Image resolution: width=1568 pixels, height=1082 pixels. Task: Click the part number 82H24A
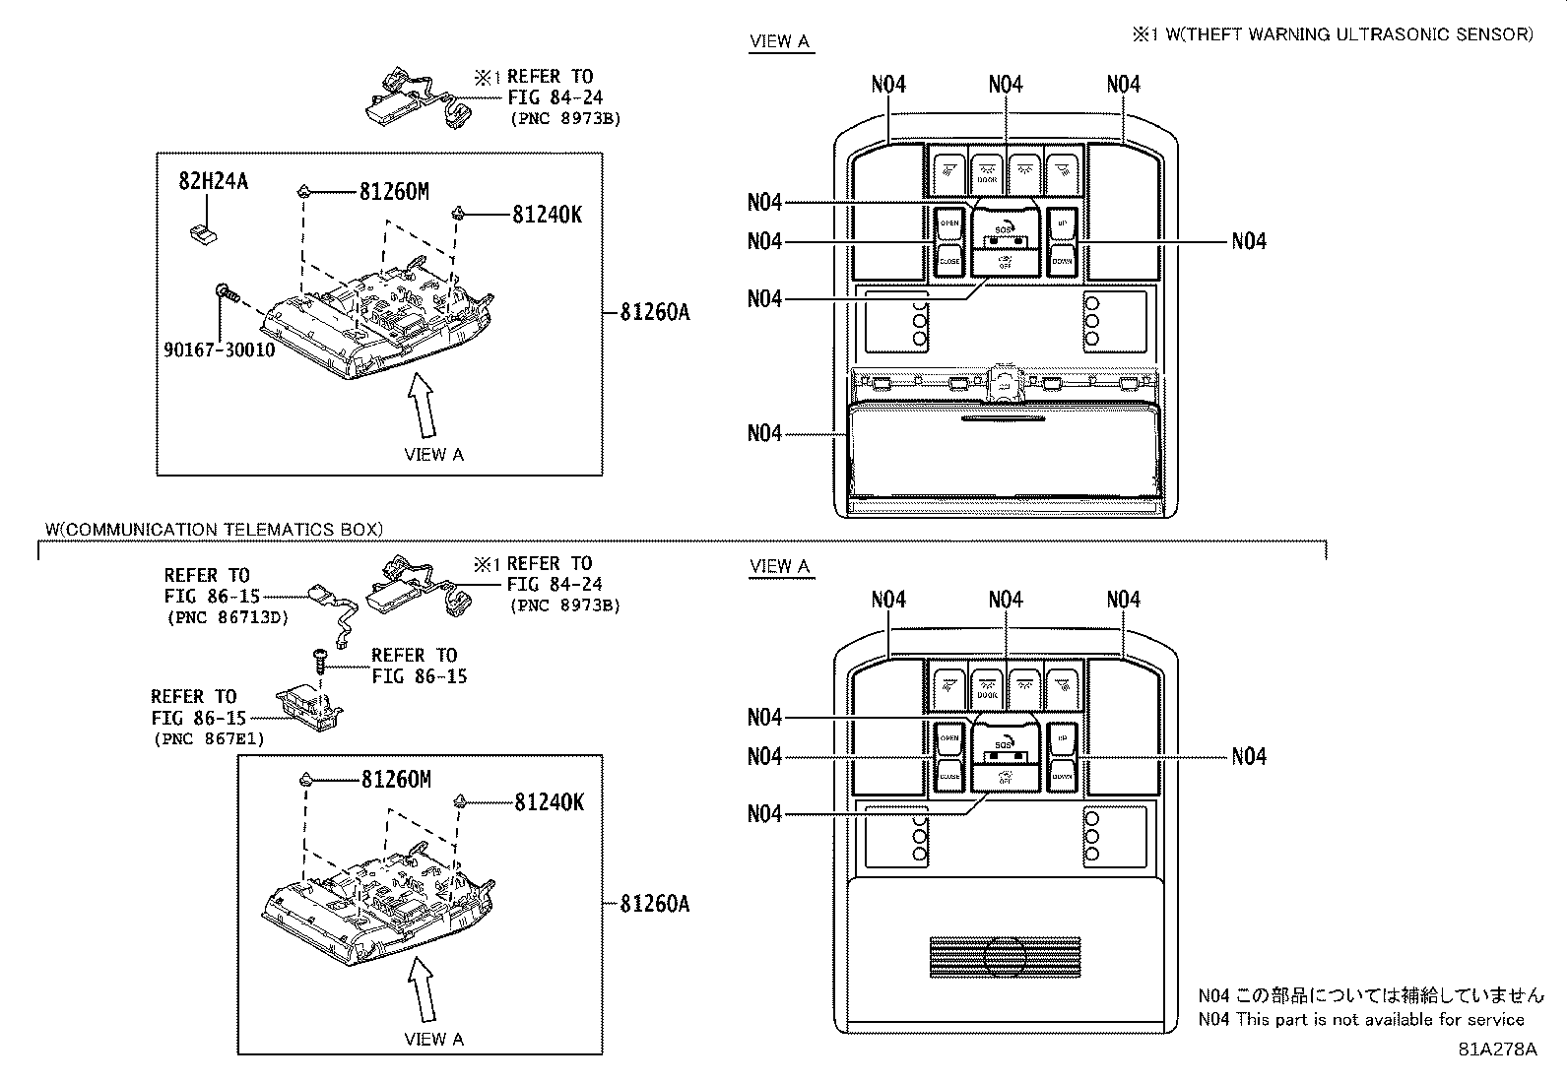tap(213, 181)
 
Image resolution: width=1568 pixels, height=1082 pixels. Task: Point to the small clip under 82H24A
tap(205, 233)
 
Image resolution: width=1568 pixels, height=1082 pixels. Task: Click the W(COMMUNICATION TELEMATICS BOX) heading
tap(214, 529)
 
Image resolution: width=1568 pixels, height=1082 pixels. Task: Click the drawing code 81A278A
tap(1497, 1049)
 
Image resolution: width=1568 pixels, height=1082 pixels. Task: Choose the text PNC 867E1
tap(209, 738)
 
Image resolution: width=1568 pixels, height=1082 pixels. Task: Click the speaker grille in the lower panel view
tap(1005, 957)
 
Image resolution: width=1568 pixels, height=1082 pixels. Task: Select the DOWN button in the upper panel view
tap(1062, 262)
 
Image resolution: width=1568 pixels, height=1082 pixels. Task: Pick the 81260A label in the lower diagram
tap(654, 903)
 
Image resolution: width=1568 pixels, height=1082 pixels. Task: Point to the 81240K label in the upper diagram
tap(547, 214)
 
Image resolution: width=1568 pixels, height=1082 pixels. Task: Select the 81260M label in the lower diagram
tap(395, 780)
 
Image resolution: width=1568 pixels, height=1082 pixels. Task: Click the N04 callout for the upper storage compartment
tap(764, 433)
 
